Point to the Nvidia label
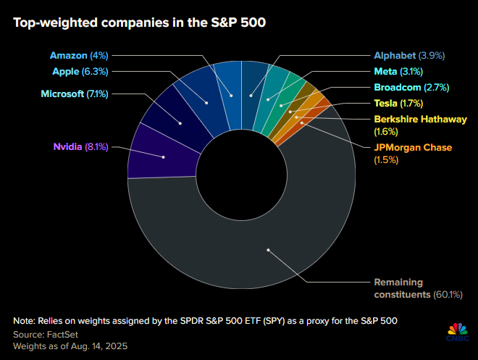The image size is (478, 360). click(80, 147)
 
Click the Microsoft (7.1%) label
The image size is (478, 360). click(72, 93)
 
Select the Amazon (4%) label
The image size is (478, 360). click(80, 56)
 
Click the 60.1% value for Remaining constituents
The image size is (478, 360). click(446, 295)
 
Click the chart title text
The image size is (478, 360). click(138, 22)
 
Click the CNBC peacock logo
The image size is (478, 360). click(456, 330)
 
